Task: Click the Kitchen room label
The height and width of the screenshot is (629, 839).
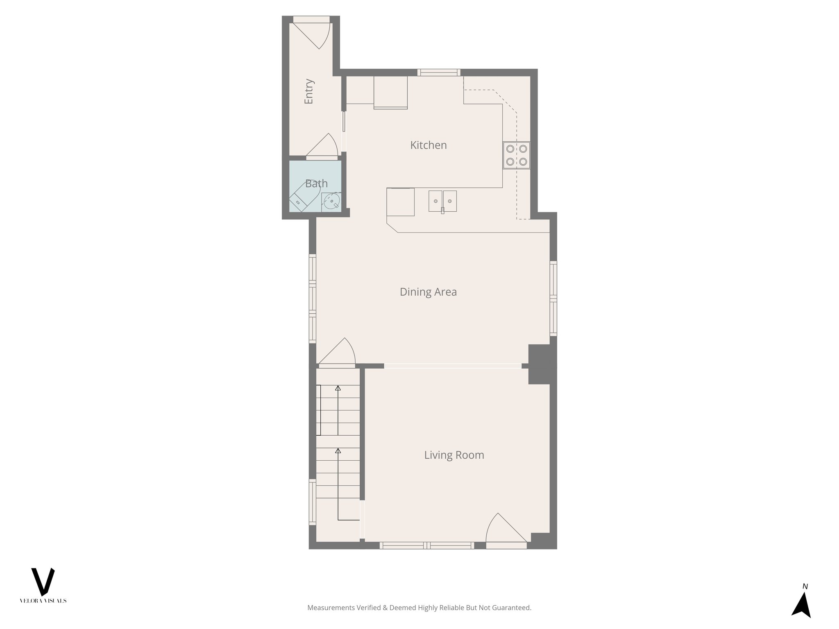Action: [x=428, y=145]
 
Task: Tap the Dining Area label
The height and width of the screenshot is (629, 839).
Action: [x=428, y=292]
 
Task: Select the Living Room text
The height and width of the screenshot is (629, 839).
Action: [x=454, y=455]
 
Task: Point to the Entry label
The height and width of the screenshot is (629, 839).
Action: [x=309, y=91]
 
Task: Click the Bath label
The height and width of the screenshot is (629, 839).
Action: [x=316, y=183]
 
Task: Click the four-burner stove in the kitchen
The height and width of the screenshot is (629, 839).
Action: [x=516, y=155]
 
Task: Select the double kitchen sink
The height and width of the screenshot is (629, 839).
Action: [x=442, y=201]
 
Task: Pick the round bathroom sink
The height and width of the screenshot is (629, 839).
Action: [x=331, y=201]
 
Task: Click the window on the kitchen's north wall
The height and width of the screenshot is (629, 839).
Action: [x=439, y=72]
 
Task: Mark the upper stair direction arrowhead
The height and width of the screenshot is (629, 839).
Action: [x=338, y=388]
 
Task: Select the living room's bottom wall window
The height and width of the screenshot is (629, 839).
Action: [x=426, y=545]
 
